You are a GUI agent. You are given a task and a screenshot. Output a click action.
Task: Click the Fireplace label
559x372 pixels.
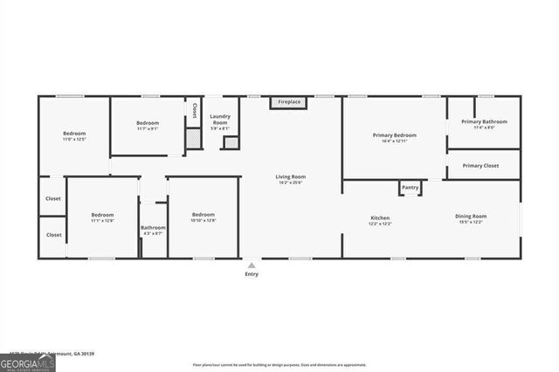pos(289,102)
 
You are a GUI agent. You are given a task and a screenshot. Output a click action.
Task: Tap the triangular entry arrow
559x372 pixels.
pos(252,265)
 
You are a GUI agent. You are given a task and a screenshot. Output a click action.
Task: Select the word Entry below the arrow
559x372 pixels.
pos(252,274)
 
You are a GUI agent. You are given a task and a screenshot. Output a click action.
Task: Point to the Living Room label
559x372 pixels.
pos(290,176)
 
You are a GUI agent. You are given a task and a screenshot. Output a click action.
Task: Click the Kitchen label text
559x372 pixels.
pos(380,217)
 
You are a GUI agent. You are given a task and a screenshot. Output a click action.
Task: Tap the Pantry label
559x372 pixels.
pos(410,187)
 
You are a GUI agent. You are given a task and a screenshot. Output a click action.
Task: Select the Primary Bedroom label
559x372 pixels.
pos(394,135)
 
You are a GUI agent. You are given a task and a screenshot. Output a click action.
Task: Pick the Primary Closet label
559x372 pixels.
pos(480,165)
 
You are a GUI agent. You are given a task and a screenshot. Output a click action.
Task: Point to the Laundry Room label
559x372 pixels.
pos(219,119)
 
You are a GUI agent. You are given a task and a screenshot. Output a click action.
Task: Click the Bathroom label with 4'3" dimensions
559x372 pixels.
pos(153,227)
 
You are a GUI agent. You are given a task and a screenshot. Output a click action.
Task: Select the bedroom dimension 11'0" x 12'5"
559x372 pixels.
pos(73,140)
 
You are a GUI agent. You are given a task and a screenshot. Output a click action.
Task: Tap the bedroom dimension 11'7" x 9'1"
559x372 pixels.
pos(147,129)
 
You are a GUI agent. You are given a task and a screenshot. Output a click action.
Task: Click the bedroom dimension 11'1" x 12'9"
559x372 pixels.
pos(103,221)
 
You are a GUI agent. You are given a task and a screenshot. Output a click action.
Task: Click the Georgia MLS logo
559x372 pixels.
pos(27,362)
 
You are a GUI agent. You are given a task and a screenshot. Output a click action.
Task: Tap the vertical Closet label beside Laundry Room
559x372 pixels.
pos(194,110)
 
